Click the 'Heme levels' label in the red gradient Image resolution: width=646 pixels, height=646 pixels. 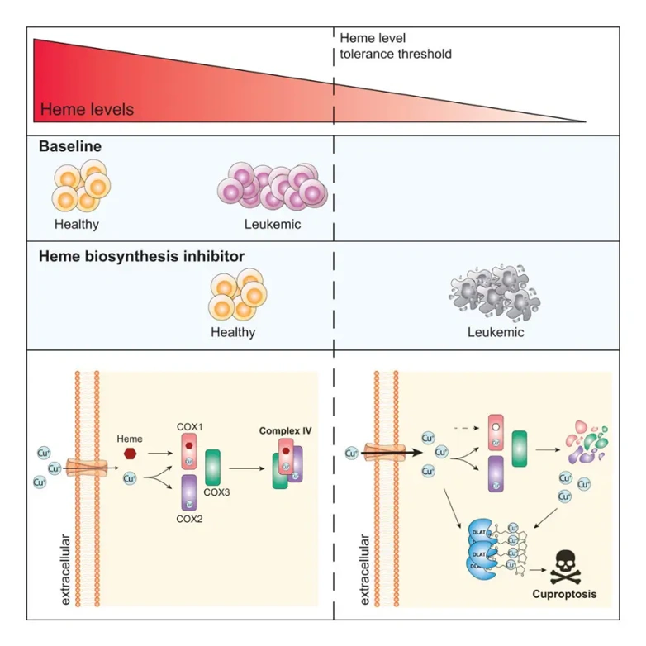coord(87,109)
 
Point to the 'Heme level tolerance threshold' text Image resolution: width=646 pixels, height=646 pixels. coord(396,46)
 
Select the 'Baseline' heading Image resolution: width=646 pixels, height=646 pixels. coord(70,146)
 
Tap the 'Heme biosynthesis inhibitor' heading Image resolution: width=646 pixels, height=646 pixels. coord(141,256)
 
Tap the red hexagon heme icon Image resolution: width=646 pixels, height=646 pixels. coord(131,454)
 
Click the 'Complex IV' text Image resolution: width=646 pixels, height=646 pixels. coord(286,430)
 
